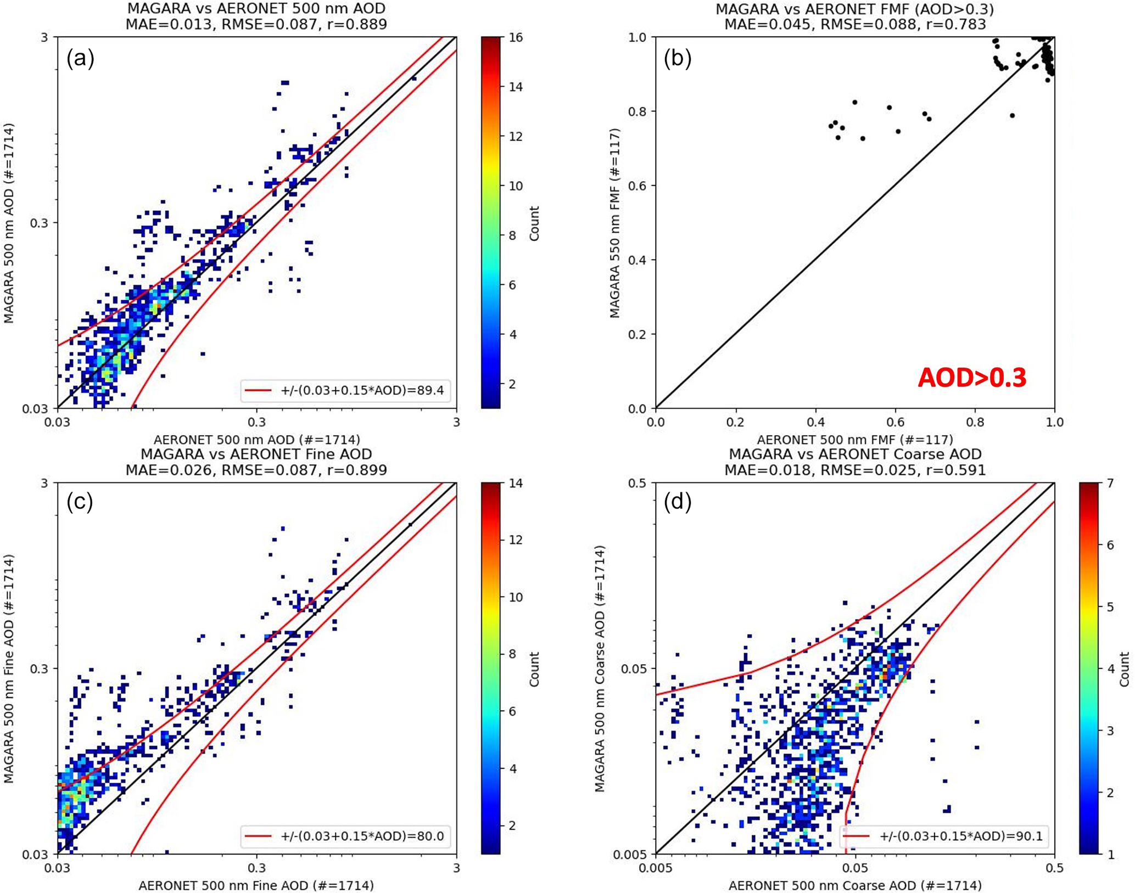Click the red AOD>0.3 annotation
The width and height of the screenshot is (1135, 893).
pyautogui.click(x=971, y=378)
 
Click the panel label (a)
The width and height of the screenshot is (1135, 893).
pyautogui.click(x=80, y=58)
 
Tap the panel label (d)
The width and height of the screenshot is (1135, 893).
pyautogui.click(x=677, y=502)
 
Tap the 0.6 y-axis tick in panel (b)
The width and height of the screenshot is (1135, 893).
pyautogui.click(x=638, y=186)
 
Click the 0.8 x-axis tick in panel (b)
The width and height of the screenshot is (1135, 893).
pyautogui.click(x=975, y=423)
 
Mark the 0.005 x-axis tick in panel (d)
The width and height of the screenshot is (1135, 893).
pyautogui.click(x=655, y=868)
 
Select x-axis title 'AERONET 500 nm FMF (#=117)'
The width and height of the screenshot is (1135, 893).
pyautogui.click(x=855, y=440)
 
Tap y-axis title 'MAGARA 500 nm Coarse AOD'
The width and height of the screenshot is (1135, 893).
pyautogui.click(x=600, y=668)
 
